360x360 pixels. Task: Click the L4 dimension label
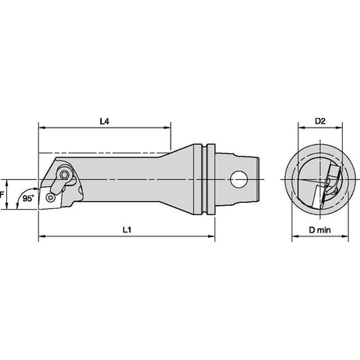pos(104,121)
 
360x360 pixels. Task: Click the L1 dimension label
pos(127,230)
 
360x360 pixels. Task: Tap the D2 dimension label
pos(320,121)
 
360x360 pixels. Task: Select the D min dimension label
pos(319,230)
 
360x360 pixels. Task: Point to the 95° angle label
pos(28,199)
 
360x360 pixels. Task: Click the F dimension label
pos(2,195)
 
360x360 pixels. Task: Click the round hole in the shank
pos(239,179)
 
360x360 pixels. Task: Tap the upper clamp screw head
pos(64,175)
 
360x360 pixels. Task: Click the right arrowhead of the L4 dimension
pos(167,128)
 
